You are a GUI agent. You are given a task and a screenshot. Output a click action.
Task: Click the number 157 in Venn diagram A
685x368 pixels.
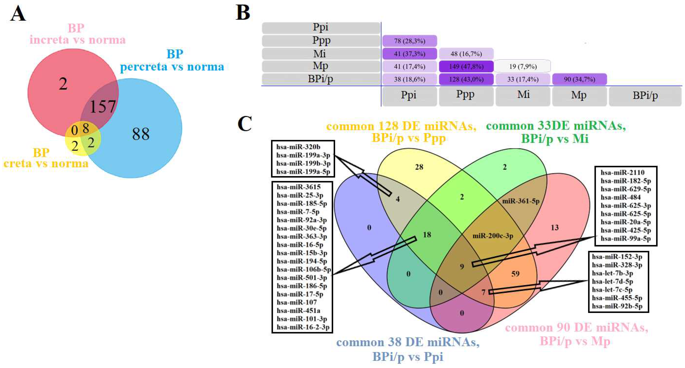point(103,107)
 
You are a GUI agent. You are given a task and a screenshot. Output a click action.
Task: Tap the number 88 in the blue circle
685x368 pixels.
point(141,134)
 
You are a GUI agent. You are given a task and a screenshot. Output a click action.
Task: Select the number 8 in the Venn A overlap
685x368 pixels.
point(86,129)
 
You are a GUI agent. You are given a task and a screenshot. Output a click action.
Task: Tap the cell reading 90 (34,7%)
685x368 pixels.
point(579,79)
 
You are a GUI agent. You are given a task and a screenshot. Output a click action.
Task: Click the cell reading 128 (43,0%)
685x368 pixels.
point(466,79)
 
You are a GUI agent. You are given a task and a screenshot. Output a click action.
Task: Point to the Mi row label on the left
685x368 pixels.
point(320,54)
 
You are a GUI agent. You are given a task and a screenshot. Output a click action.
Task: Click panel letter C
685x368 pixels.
point(244,124)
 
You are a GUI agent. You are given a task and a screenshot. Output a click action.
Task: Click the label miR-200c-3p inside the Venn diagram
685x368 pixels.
point(493,236)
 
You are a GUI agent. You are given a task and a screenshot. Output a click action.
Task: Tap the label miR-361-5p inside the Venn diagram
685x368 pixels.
point(520,201)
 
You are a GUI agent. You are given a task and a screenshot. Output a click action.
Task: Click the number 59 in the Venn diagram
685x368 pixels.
point(515,274)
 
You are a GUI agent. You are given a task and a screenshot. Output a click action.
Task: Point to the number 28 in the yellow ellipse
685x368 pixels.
point(419,167)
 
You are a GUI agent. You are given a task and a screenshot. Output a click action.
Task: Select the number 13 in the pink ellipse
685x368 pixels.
point(555,228)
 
